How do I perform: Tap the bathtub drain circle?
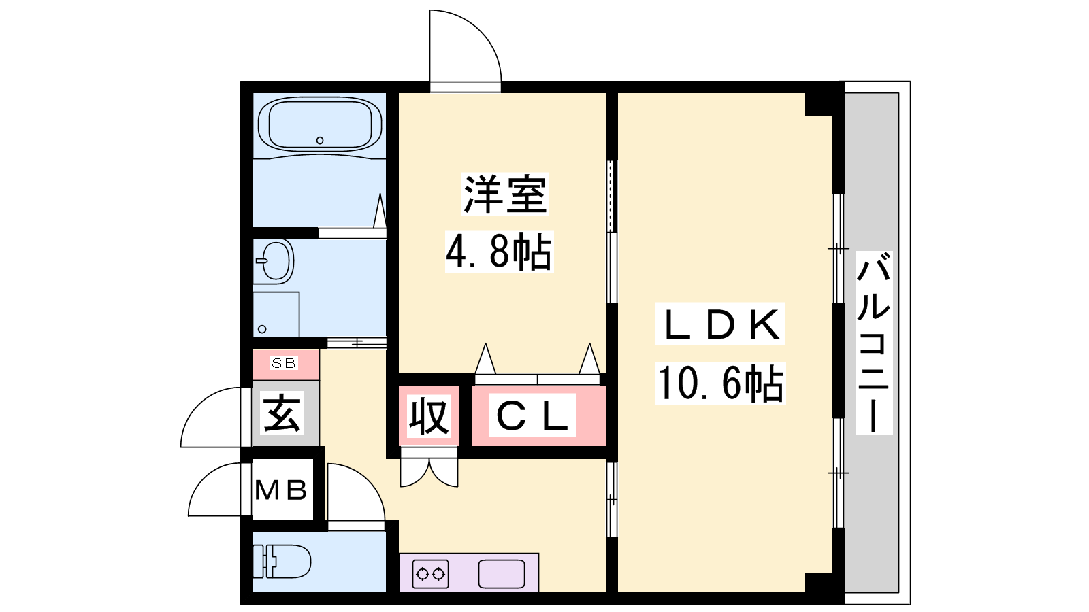320,140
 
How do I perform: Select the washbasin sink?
274,261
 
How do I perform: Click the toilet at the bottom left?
282,562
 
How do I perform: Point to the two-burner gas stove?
431,574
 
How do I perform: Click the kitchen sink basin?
502,574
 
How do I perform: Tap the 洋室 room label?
504,194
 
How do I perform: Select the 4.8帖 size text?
500,252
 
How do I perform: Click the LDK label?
720,324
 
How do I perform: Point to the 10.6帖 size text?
721,384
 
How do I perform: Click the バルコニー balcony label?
874,343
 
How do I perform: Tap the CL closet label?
532,415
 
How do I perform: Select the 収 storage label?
429,415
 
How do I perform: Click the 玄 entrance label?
282,412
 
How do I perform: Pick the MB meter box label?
281,490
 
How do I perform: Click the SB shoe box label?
284,363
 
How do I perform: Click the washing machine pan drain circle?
262,329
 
